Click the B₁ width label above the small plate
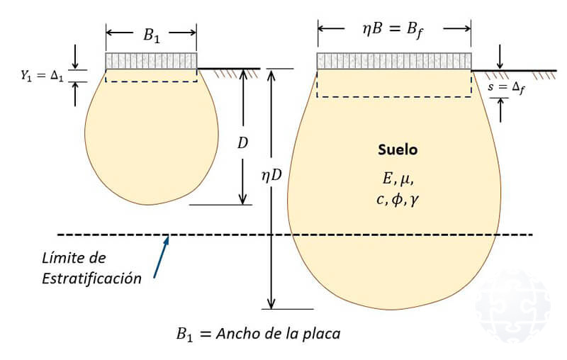coord(152,34)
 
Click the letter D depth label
coord(243,142)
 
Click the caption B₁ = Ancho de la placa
coord(258,332)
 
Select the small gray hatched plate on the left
coord(151,61)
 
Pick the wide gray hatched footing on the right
coord(393,61)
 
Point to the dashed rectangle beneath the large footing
coord(393,83)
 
